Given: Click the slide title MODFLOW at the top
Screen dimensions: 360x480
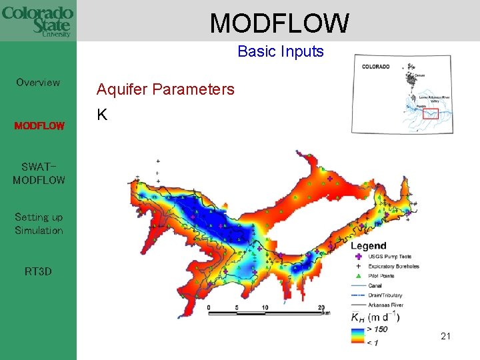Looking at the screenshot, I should pyautogui.click(x=279, y=23).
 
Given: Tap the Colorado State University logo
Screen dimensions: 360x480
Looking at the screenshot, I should pyautogui.click(x=37, y=21).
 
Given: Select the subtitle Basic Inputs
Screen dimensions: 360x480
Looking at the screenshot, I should pyautogui.click(x=280, y=51).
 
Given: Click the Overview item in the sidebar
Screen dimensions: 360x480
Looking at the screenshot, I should pyautogui.click(x=38, y=83).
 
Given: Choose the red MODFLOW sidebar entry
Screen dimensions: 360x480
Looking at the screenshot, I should pyautogui.click(x=39, y=125).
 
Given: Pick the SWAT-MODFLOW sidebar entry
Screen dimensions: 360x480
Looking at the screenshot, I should pyautogui.click(x=39, y=173).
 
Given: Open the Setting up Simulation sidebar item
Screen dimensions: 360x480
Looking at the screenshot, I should pyautogui.click(x=39, y=223).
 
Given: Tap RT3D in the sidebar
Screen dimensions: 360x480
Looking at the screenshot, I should pyautogui.click(x=38, y=271).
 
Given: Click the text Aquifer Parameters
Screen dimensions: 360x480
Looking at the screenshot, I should pyautogui.click(x=165, y=89).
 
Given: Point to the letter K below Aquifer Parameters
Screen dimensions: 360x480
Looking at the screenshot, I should pyautogui.click(x=101, y=115).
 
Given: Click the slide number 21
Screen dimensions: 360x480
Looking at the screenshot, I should pyautogui.click(x=445, y=336).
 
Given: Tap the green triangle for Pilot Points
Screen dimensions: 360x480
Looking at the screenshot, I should pyautogui.click(x=359, y=276).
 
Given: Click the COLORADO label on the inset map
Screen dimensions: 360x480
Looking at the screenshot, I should pyautogui.click(x=377, y=67).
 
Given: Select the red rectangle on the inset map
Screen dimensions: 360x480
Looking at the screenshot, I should pyautogui.click(x=431, y=113).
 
